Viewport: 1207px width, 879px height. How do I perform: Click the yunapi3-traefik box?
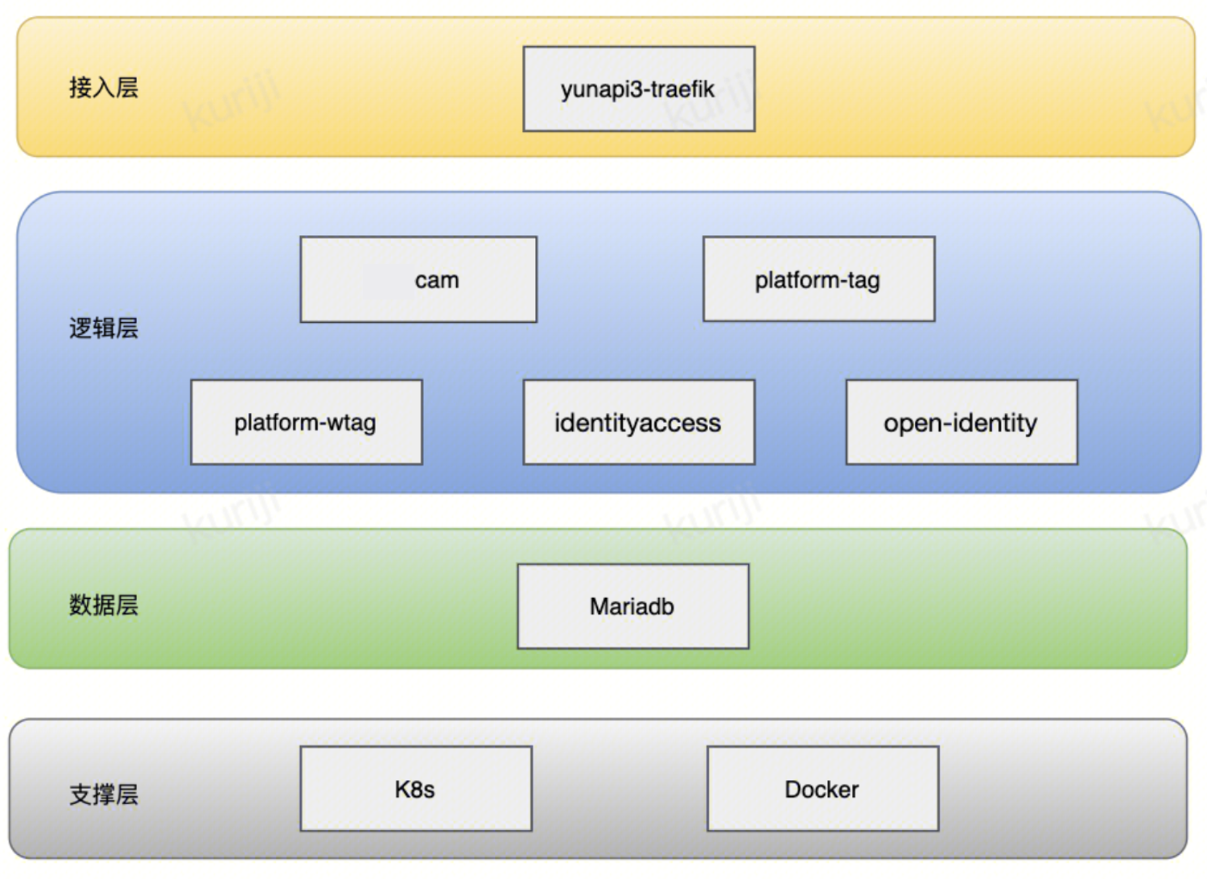click(x=639, y=89)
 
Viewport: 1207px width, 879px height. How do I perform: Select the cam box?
click(x=418, y=279)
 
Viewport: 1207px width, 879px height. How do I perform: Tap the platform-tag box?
click(x=819, y=279)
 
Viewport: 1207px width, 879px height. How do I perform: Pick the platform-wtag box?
click(x=307, y=422)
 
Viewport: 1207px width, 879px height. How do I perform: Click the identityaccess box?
click(x=639, y=422)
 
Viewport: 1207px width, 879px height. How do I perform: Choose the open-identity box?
click(x=962, y=422)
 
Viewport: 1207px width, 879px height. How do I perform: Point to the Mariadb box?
click(x=633, y=606)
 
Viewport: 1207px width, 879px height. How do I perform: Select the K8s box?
click(x=416, y=789)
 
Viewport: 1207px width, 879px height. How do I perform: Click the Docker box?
click(x=823, y=789)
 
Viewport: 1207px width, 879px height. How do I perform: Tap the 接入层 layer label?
click(x=104, y=88)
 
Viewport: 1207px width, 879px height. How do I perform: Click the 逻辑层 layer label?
click(x=104, y=328)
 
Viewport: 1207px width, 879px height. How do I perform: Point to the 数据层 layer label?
click(x=104, y=605)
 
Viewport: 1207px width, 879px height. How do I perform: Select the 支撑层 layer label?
click(x=104, y=795)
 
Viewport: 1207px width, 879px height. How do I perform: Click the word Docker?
click(x=822, y=790)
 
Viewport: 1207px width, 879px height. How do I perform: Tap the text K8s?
click(x=414, y=790)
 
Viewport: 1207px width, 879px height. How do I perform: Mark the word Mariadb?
click(x=632, y=607)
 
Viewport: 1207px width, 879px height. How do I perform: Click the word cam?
click(x=437, y=280)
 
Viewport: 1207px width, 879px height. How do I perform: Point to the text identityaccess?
click(x=638, y=423)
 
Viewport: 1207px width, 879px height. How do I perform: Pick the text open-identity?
click(x=960, y=423)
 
